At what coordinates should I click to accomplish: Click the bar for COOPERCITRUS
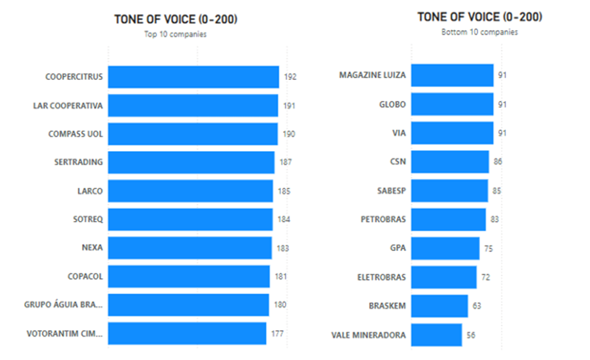coord(193,77)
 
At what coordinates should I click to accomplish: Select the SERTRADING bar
coord(191,162)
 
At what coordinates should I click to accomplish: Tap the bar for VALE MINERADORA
coord(436,335)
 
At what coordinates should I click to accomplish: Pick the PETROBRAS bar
coord(448,219)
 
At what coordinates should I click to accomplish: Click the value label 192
coord(290,77)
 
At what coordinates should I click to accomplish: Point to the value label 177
coord(278,333)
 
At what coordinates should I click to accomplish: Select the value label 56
coord(471,335)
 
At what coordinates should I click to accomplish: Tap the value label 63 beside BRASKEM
coord(476,306)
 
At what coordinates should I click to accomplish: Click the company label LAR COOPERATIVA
coord(68,105)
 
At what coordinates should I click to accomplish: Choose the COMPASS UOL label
coord(76,134)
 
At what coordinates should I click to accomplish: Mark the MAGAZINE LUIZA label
coord(372,75)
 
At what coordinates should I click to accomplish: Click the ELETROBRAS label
coord(382,277)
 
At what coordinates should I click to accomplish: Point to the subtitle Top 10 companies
coord(175,35)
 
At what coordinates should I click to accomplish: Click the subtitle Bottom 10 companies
coord(479,32)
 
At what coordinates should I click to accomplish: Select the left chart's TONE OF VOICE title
coord(176,19)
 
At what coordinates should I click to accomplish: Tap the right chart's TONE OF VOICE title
coord(479,17)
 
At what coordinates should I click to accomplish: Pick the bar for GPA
coord(445,248)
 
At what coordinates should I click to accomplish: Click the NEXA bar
coord(190,248)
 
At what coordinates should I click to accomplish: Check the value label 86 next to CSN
coord(498,162)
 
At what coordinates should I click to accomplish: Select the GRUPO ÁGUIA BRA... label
coord(63,305)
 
